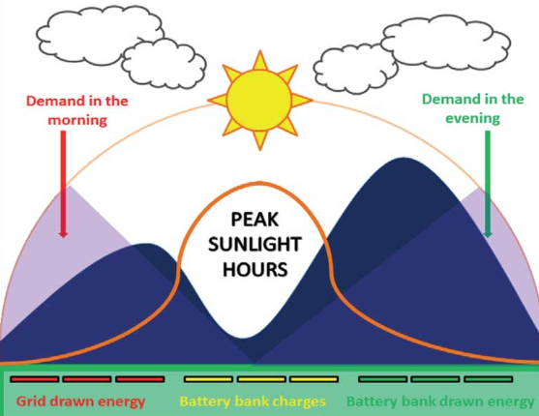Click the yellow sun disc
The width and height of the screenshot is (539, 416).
(259, 101)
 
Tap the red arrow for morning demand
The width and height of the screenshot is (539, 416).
(63, 184)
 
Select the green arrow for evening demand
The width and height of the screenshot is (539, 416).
(488, 184)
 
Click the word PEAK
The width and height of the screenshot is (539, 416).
(255, 220)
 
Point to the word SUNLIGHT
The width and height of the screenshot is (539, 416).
(255, 245)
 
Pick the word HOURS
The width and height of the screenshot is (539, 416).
(255, 269)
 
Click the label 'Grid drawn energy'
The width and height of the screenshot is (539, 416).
(80, 401)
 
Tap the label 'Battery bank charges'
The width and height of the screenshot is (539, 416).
(253, 401)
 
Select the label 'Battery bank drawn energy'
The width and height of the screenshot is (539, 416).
(440, 401)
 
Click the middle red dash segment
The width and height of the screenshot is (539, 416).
(87, 379)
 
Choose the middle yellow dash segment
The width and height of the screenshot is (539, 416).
(261, 379)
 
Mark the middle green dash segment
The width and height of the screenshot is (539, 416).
(435, 379)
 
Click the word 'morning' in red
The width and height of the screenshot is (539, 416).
(77, 121)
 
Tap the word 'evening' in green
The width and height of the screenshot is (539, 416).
(472, 119)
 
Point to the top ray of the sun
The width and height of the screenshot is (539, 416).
(260, 60)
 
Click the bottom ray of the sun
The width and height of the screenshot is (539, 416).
(260, 140)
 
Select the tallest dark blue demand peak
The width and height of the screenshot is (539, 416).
(403, 158)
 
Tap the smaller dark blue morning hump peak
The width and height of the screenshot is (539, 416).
(145, 245)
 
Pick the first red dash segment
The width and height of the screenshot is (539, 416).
(35, 379)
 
